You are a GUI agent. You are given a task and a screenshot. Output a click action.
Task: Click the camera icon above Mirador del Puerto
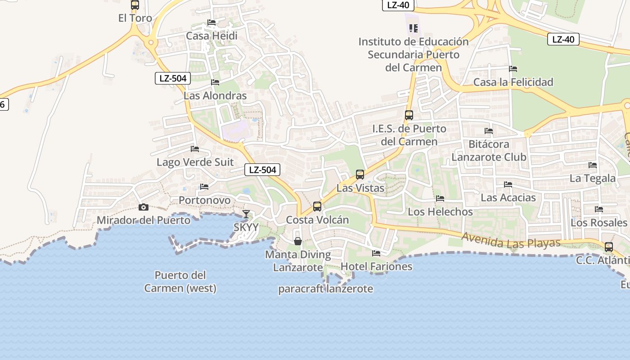(144, 207)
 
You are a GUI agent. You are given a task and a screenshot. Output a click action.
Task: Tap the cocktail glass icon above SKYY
(246, 214)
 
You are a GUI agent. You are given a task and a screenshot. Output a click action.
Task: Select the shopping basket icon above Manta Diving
(298, 241)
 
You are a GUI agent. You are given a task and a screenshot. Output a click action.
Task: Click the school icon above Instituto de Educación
(414, 28)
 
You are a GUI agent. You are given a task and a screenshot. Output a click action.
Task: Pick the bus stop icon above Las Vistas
(360, 174)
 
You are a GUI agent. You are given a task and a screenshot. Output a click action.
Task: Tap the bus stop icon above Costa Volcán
(317, 207)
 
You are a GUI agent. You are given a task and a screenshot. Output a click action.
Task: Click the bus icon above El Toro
(135, 5)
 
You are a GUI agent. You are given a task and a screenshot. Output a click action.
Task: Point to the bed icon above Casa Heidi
(211, 22)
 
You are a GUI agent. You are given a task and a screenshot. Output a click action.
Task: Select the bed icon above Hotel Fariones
(376, 253)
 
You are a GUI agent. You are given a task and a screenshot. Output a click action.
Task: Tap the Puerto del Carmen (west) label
(180, 281)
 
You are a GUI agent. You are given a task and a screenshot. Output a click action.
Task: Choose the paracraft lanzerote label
(325, 289)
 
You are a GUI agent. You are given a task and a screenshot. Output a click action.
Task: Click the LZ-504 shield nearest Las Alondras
(173, 78)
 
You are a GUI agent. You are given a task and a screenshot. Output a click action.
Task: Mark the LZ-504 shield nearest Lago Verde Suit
(262, 170)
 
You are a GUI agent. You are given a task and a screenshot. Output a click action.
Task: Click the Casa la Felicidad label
(513, 82)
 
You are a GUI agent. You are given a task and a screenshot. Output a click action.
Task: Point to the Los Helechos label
(440, 211)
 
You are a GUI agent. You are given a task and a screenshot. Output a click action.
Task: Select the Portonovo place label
(204, 200)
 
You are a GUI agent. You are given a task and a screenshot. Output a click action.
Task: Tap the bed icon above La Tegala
(593, 165)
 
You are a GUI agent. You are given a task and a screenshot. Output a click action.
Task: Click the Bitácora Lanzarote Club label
(489, 151)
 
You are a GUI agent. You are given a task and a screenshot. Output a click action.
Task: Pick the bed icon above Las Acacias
(508, 184)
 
